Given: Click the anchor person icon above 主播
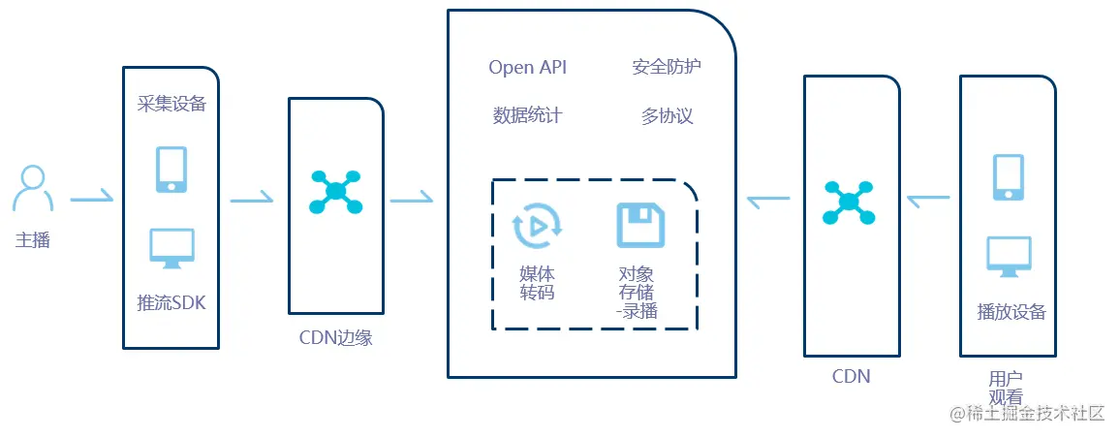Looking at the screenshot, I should point(33,188).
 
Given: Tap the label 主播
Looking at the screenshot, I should point(32,240).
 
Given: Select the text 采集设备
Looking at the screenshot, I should point(171,104).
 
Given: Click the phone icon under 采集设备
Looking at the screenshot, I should point(171,169).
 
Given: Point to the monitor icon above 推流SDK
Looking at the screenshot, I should point(171,248).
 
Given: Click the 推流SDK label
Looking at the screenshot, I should point(171,302).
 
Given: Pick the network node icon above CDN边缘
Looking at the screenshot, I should point(335,192).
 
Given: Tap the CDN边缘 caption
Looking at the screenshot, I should point(335,338).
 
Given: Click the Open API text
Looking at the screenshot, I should point(527,67).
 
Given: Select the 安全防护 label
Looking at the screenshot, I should point(667,67).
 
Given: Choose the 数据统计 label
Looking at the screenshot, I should point(527,116).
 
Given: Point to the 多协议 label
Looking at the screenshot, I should point(667,116).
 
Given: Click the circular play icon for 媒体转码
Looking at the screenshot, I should point(537,226).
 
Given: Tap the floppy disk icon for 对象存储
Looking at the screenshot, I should point(640,225).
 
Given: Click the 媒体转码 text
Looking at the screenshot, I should point(537,283).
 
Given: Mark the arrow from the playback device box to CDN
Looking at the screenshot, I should point(928,200).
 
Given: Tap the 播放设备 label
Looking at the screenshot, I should point(1011,312).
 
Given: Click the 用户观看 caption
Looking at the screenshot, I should point(1006,388).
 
